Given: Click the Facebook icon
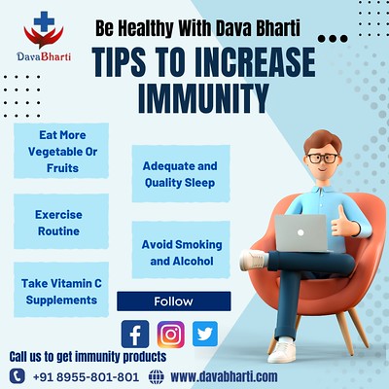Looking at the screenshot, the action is tap(135, 334).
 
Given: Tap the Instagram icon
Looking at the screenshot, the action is tap(171, 335).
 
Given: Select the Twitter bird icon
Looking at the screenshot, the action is tap(205, 334).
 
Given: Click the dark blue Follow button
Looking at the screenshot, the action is tap(174, 301).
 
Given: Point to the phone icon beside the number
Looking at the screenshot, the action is tap(18, 376).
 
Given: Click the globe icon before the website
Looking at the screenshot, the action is tap(157, 377).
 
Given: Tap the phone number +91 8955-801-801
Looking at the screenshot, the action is tap(87, 377).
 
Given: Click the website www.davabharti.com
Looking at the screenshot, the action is tap(224, 376).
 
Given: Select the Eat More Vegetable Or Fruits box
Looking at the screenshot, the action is tap(61, 151).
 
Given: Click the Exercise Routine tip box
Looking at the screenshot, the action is tap(61, 222).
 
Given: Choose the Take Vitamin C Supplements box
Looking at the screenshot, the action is tap(61, 290).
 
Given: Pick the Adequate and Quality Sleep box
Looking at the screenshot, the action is tap(181, 174).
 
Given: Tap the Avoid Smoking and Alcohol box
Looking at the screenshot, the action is tap(181, 250).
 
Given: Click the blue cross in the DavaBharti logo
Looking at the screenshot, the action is tap(44, 21).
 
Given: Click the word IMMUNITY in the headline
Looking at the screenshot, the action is tap(203, 98).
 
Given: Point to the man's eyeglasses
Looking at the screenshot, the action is tap(322, 159).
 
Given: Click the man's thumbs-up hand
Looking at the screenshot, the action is tap(343, 222).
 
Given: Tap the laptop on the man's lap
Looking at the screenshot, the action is tap(301, 232).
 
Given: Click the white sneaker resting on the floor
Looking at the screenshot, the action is tap(282, 351).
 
